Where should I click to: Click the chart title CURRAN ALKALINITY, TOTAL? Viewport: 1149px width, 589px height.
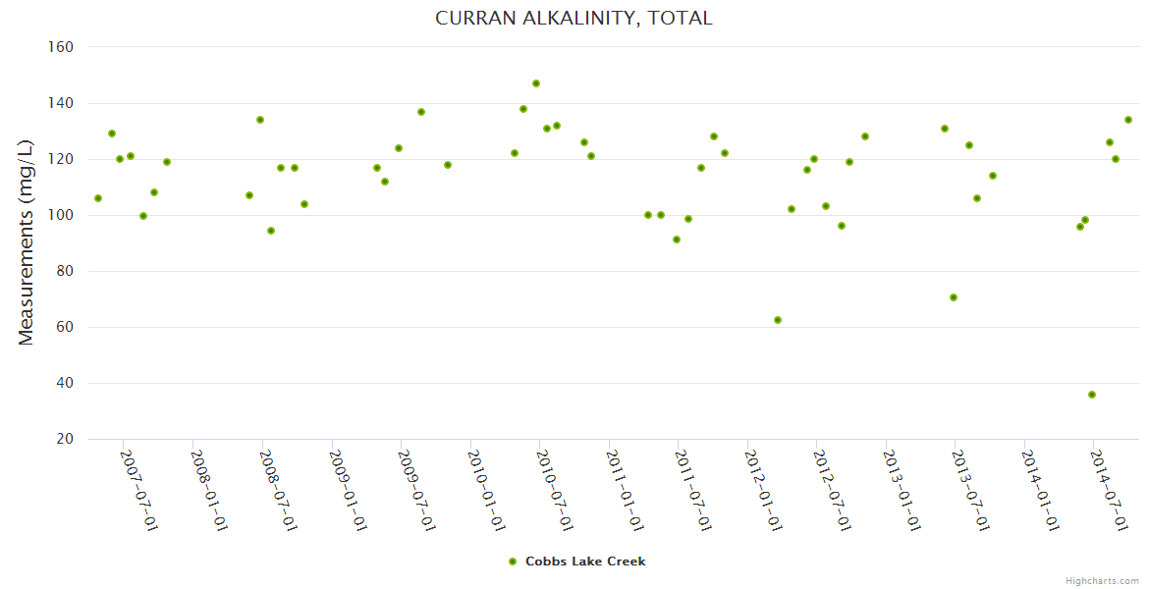pyautogui.click(x=574, y=18)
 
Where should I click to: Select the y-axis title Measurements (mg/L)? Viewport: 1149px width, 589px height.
pyautogui.click(x=27, y=242)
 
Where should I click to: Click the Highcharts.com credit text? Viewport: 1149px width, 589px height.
pyautogui.click(x=1102, y=581)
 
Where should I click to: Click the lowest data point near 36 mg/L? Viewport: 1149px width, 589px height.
pyautogui.click(x=1092, y=395)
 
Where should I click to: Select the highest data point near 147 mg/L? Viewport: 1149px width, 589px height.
pyautogui.click(x=536, y=83)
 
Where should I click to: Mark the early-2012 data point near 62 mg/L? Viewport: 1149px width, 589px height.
pyautogui.click(x=778, y=320)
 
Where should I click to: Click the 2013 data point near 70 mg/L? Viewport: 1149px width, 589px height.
pyautogui.click(x=954, y=297)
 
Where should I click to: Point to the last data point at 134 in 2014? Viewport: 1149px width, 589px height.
pyautogui.click(x=1128, y=120)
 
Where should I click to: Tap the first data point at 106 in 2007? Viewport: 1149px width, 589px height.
pyautogui.click(x=98, y=198)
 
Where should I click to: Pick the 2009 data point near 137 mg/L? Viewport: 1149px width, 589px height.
pyautogui.click(x=421, y=112)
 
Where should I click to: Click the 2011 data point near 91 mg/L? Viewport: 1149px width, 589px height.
pyautogui.click(x=677, y=240)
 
